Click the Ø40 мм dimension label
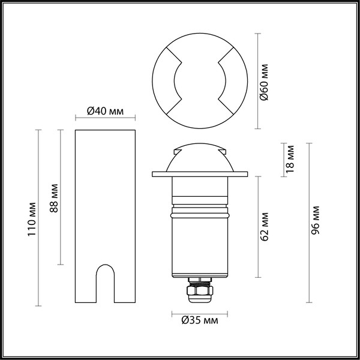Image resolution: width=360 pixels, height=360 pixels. tap(105, 110)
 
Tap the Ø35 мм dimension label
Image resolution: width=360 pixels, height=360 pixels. tap(199, 322)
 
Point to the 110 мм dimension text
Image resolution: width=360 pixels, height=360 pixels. tap(32, 218)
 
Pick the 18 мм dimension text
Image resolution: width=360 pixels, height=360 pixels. tap(290, 160)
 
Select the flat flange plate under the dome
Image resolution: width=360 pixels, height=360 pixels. tap(199, 175)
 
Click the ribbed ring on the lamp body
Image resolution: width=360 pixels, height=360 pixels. tap(199, 212)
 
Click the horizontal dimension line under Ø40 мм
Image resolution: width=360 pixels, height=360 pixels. tap(105, 119)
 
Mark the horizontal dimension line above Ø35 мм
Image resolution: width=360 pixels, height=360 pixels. tap(199, 313)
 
